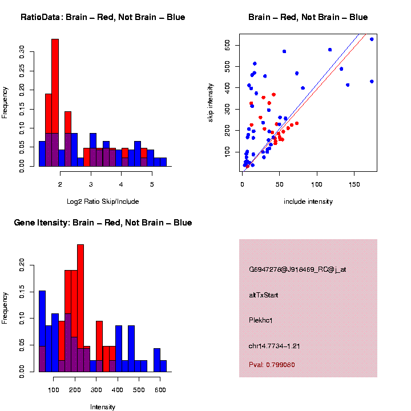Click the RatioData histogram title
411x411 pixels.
click(103, 17)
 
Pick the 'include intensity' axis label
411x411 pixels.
click(308, 202)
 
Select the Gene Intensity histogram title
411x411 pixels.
click(103, 223)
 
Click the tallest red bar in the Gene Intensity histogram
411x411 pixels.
click(80, 308)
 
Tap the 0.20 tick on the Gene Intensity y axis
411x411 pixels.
click(22, 264)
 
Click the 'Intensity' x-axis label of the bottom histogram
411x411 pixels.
click(103, 407)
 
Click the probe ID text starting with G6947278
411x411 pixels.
click(297, 269)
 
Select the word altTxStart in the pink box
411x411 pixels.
click(264, 295)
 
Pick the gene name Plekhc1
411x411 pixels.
click(261, 320)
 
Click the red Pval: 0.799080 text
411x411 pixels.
click(272, 364)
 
